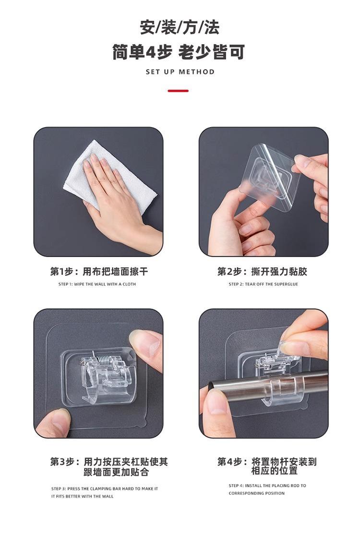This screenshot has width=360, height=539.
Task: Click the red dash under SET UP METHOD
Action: (x=178, y=91)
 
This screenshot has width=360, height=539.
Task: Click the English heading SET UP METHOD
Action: (x=180, y=72)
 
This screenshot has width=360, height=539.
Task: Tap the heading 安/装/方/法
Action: (x=180, y=27)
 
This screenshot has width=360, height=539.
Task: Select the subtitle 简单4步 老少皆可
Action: (x=179, y=52)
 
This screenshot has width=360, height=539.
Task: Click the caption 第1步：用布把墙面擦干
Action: (x=99, y=272)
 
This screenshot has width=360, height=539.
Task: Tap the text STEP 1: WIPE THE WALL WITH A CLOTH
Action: (x=97, y=284)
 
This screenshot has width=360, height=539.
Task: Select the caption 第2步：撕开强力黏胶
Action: (x=262, y=272)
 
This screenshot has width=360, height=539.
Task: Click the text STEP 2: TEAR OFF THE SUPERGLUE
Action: (x=264, y=284)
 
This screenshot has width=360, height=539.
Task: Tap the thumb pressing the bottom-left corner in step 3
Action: (x=53, y=422)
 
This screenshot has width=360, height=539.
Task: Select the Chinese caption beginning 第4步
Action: (x=267, y=466)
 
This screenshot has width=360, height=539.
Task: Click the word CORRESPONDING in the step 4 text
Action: (x=244, y=493)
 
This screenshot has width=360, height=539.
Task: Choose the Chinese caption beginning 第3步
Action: (x=109, y=467)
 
